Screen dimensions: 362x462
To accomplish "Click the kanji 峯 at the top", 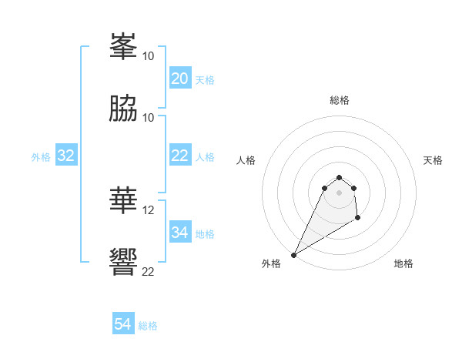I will (x=124, y=49).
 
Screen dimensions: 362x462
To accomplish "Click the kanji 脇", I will (x=124, y=109).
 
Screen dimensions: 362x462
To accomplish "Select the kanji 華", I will (x=124, y=202).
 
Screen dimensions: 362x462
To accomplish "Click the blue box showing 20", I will (x=179, y=79).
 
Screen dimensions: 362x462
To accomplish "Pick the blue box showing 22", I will (x=179, y=156).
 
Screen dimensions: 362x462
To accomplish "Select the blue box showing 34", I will (x=179, y=233).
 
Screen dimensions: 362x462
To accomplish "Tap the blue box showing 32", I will (x=66, y=156).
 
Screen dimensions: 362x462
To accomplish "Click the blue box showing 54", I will (x=122, y=324).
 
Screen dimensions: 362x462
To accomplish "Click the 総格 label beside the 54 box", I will (x=148, y=326).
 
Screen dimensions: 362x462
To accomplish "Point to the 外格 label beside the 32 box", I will (x=41, y=157).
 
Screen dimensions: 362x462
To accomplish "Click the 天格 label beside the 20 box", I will (x=205, y=80).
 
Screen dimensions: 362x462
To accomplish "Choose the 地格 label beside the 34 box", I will (x=205, y=234).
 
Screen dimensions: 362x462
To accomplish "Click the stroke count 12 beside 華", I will (x=149, y=209).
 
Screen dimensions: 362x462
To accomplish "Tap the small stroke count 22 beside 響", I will (x=149, y=271).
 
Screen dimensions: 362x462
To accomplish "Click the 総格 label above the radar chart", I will (x=340, y=100).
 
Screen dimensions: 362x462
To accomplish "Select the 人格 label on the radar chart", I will (x=246, y=160).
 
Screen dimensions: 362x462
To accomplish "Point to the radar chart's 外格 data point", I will (x=293, y=255).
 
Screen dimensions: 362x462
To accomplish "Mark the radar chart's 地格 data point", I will (x=358, y=218).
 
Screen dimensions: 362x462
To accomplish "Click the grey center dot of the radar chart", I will (x=340, y=193).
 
